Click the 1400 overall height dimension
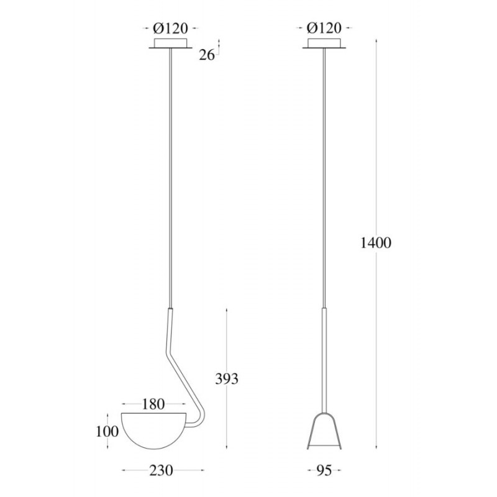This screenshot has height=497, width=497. [376, 243]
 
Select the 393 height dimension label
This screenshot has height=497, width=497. [227, 379]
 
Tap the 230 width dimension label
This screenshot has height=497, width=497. [162, 470]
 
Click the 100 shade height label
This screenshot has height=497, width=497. [107, 431]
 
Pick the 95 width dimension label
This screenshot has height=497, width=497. [324, 470]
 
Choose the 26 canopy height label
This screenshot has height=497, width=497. [207, 55]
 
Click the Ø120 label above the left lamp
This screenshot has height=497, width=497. [170, 28]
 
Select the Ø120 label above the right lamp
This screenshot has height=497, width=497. [324, 28]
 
